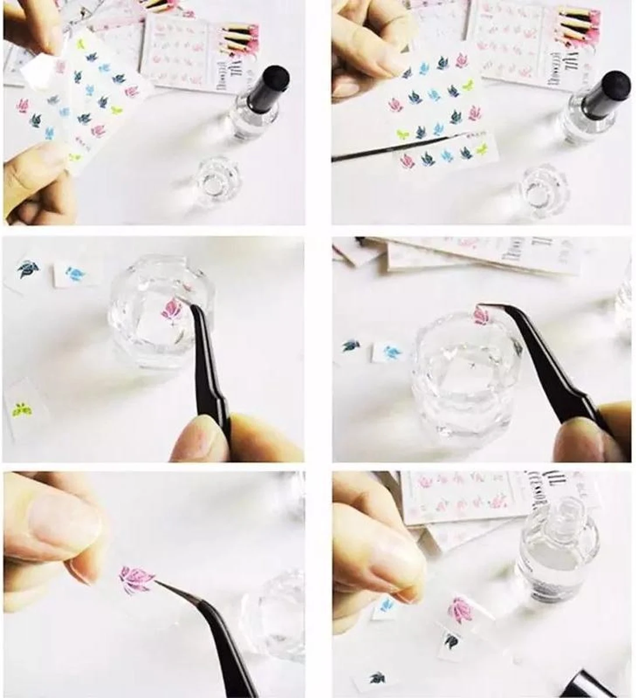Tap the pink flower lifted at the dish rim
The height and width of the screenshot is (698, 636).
point(481,314)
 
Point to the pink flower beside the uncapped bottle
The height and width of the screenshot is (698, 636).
point(461,609)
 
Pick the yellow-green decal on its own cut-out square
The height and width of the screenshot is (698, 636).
point(22,409)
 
